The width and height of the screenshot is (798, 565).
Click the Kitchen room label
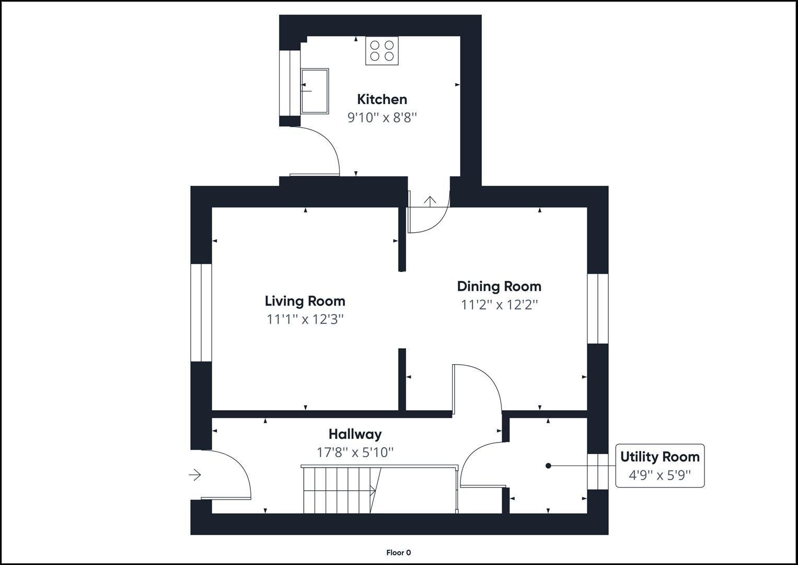tap(381, 99)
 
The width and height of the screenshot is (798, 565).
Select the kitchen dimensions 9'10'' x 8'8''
tap(381, 117)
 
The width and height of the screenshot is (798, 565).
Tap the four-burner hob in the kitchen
tap(381, 51)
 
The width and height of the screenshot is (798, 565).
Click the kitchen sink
tap(315, 91)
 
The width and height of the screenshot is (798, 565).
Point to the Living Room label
tap(305, 301)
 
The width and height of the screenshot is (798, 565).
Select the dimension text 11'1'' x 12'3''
tap(305, 319)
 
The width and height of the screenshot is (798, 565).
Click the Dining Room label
tap(499, 286)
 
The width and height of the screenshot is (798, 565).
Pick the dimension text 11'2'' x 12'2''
tap(499, 304)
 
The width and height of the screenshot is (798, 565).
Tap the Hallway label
tap(355, 434)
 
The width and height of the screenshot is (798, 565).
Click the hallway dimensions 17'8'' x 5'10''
tap(355, 452)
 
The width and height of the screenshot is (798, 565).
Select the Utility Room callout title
tap(660, 457)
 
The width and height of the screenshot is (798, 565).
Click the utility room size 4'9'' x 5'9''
tap(660, 475)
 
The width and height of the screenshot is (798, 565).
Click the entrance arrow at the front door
tap(195, 475)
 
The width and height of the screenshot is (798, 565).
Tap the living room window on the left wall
tap(201, 312)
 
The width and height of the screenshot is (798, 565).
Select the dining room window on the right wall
tap(598, 308)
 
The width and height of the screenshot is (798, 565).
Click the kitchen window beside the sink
tap(290, 83)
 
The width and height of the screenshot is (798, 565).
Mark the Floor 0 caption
tap(398, 552)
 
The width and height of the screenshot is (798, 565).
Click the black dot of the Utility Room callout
tap(548, 466)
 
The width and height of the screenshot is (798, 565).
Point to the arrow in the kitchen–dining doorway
tap(430, 201)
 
